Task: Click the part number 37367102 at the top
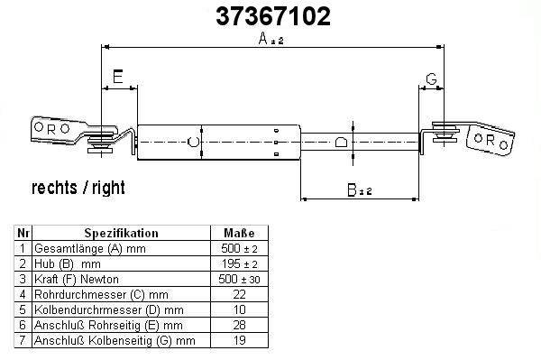coord(273,16)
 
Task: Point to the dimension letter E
coord(118,77)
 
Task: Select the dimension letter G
coord(431,79)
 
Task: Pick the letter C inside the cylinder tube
coord(193,142)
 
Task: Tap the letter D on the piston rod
coord(341,142)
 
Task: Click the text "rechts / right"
coord(78,188)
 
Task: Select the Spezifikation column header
coord(122,233)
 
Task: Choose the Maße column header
coord(239,233)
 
